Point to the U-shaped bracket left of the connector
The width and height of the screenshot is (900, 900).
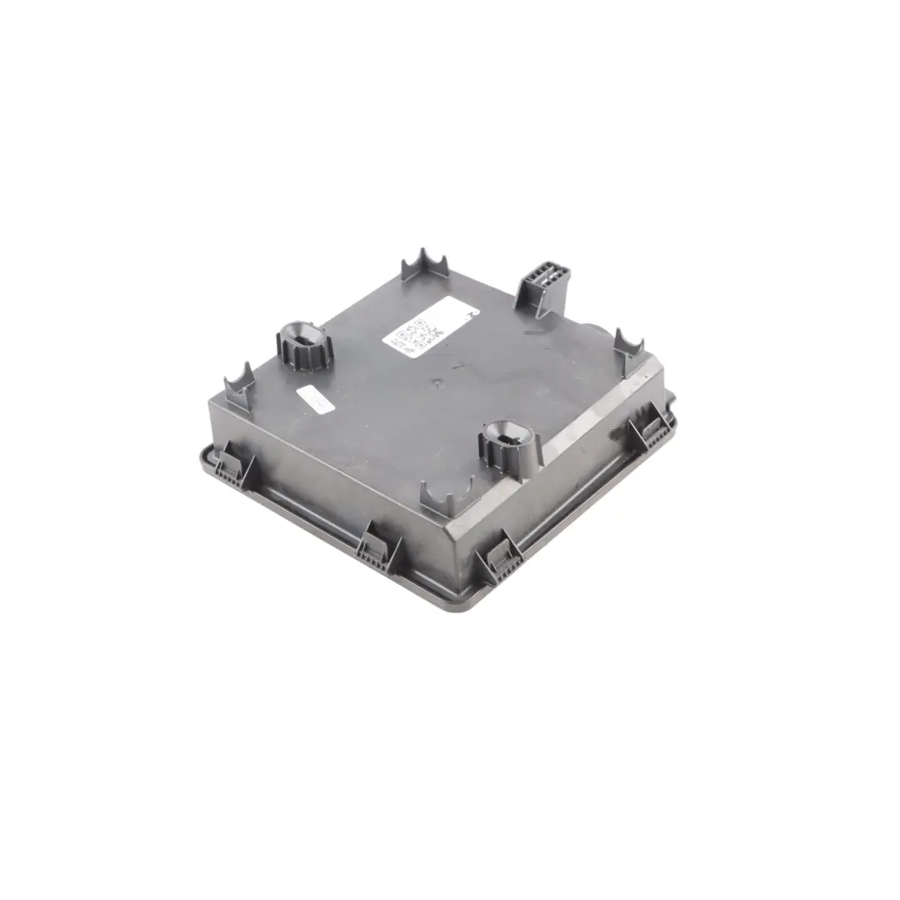pos(424,265)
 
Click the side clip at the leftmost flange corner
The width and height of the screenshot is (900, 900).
pos(232,467)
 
